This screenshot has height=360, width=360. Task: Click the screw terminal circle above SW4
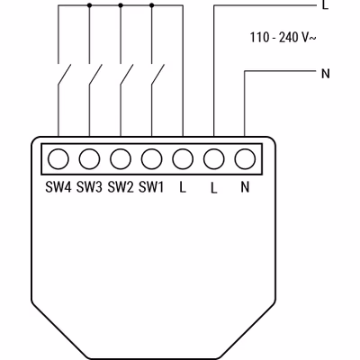point(58,159)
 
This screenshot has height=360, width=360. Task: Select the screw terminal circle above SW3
point(89,159)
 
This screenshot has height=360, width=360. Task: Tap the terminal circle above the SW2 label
point(121,159)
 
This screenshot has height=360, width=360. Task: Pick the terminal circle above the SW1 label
point(152,159)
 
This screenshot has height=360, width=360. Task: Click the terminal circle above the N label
point(245,159)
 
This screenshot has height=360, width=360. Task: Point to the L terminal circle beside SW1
point(183,159)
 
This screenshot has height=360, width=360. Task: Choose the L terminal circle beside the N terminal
point(214,159)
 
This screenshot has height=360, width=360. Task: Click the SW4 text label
point(58,187)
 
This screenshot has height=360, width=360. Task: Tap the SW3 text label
point(89,187)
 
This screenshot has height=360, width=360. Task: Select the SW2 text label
point(121,187)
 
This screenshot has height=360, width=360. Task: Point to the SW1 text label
point(151,187)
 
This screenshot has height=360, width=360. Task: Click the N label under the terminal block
point(245,187)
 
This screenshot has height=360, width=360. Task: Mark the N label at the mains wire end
point(326,74)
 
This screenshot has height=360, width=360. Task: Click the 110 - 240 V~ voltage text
point(283,38)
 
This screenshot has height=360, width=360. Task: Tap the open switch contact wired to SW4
point(64,75)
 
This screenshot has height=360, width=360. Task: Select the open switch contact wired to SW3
point(95,75)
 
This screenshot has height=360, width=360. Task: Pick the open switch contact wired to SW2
point(127,75)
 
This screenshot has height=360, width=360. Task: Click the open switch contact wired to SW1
point(158,75)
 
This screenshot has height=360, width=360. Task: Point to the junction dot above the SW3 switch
point(89,5)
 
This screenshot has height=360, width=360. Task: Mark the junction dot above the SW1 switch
point(151,5)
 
